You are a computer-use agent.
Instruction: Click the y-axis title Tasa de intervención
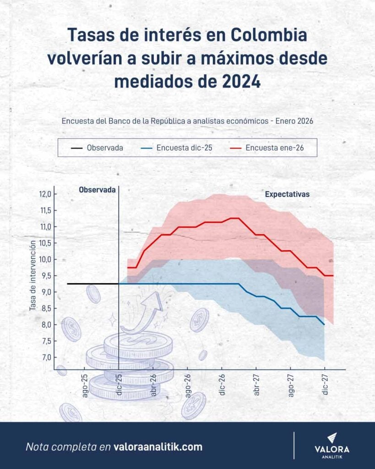pos(33,276)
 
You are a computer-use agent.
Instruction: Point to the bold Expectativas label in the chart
pos(287,194)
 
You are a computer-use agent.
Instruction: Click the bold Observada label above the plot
pos(97,189)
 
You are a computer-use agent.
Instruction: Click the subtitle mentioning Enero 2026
pos(187,121)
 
